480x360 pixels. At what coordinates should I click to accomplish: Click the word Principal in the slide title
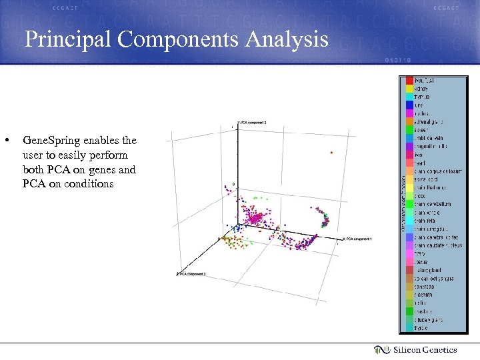click(x=69, y=40)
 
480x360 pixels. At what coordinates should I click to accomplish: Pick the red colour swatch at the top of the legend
click(x=409, y=80)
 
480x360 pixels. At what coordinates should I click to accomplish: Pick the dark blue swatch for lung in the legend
click(x=409, y=105)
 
